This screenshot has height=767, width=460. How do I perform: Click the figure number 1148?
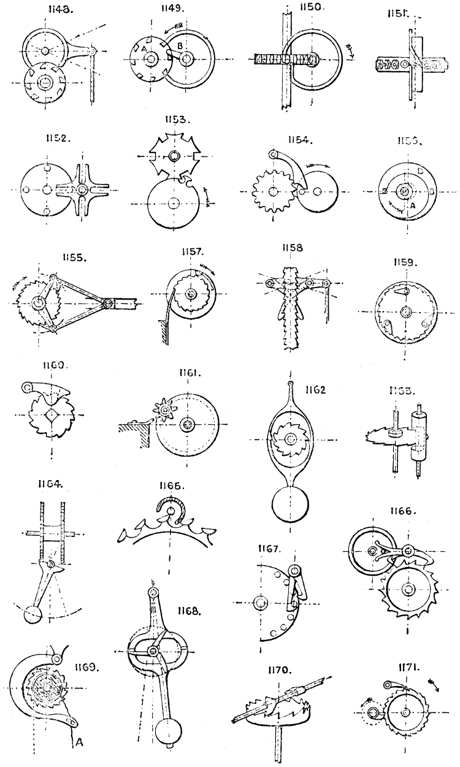[47, 10]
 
